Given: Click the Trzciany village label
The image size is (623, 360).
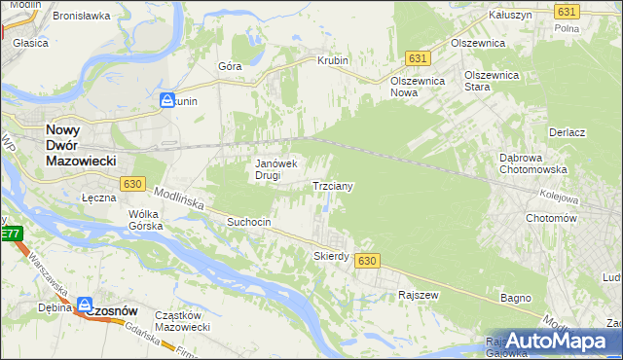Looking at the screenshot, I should (339, 185).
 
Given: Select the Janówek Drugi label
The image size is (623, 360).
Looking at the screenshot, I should (281, 169).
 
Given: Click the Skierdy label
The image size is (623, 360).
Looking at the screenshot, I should (331, 256).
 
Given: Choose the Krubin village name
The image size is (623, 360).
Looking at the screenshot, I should (332, 60).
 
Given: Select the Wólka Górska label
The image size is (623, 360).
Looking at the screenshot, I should (143, 220).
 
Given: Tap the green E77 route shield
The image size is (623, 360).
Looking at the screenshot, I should (11, 234).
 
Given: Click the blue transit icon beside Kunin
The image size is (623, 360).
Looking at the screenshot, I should (167, 100).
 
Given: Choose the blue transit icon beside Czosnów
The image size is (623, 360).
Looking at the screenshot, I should (85, 305).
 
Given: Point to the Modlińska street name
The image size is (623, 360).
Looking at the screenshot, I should (177, 199).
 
